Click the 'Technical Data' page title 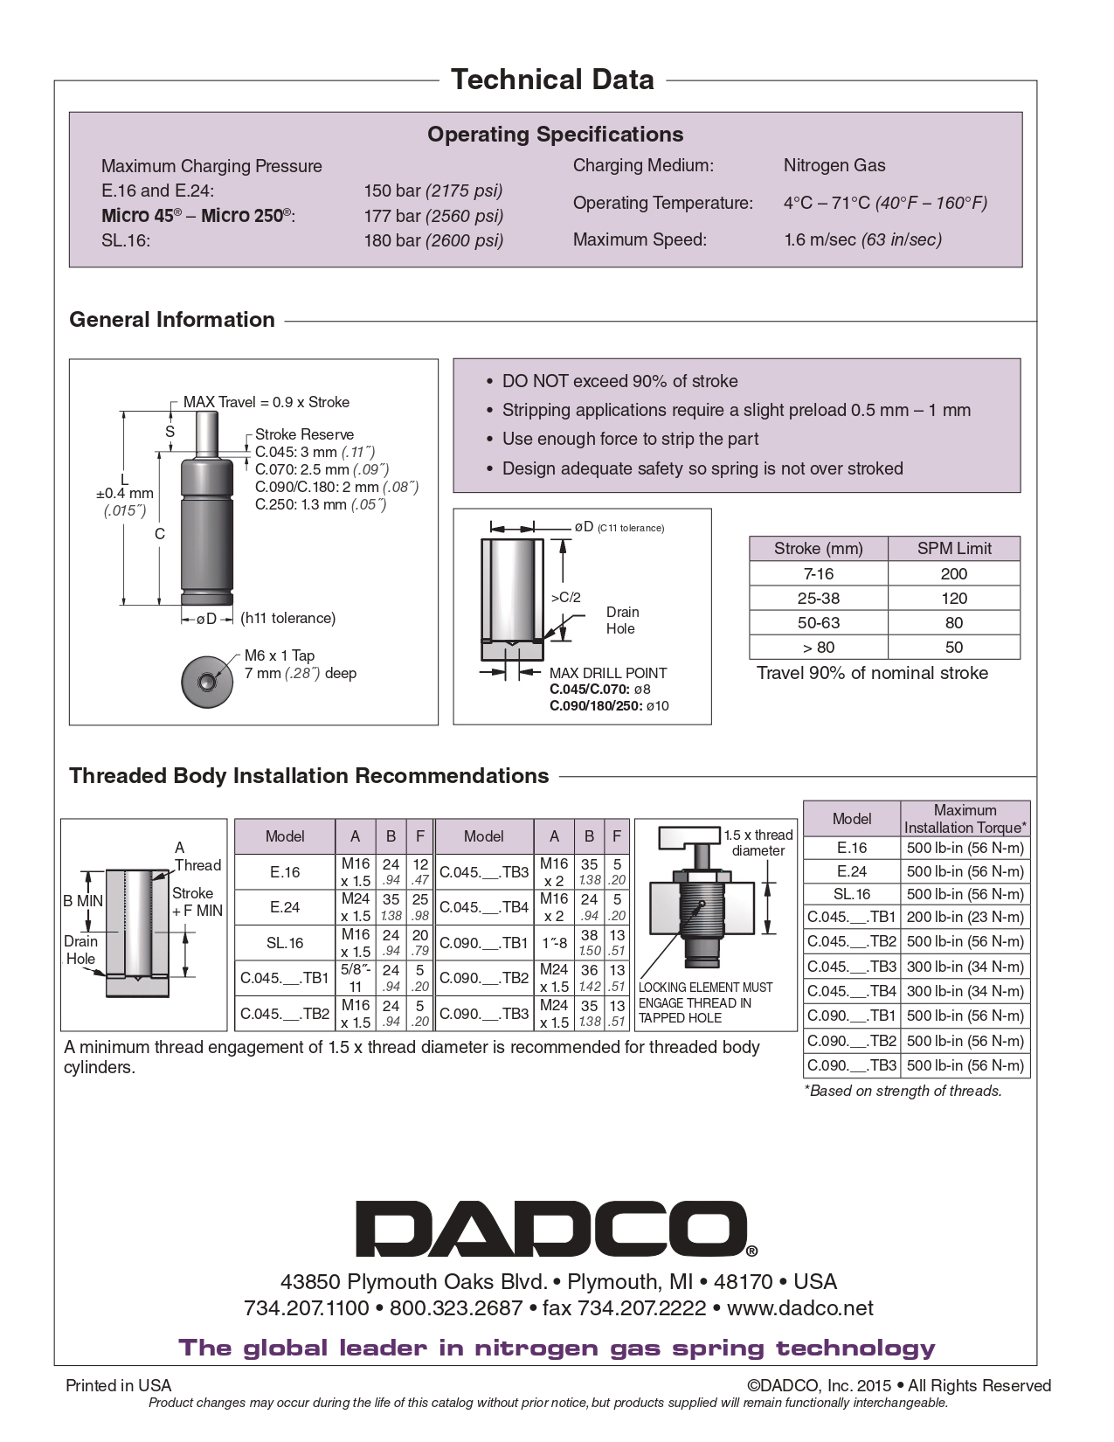552,80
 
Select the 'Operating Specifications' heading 555,135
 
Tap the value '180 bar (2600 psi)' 433,240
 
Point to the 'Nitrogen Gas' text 834,165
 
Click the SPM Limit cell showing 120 953,599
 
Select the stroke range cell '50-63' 818,623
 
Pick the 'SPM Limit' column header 953,549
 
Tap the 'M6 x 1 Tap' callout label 280,655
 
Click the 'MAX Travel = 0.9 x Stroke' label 266,402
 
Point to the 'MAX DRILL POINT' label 607,673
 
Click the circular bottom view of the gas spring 207,682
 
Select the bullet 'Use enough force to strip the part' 630,439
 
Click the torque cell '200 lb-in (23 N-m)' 965,917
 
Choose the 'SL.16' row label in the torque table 851,894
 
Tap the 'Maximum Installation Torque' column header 965,819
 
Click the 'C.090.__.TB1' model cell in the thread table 483,943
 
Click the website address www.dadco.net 799,1308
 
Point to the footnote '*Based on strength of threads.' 903,1091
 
